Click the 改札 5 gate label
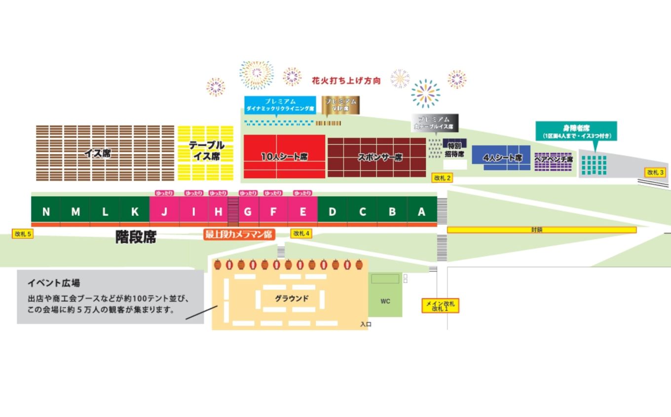(23, 234)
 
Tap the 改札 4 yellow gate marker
(300, 233)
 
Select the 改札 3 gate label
(656, 172)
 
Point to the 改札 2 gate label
(442, 178)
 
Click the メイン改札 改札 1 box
(440, 306)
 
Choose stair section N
(46, 212)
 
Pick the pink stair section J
(164, 212)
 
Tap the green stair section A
(421, 212)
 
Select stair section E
(302, 212)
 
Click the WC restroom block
(385, 301)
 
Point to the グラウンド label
(292, 299)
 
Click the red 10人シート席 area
(284, 156)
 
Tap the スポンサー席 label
(379, 157)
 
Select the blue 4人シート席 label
(502, 158)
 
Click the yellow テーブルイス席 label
(206, 151)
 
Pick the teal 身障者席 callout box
(576, 131)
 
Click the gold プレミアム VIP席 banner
(341, 104)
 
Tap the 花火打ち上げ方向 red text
(346, 80)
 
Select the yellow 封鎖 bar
(541, 230)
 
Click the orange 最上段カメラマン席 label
(239, 234)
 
